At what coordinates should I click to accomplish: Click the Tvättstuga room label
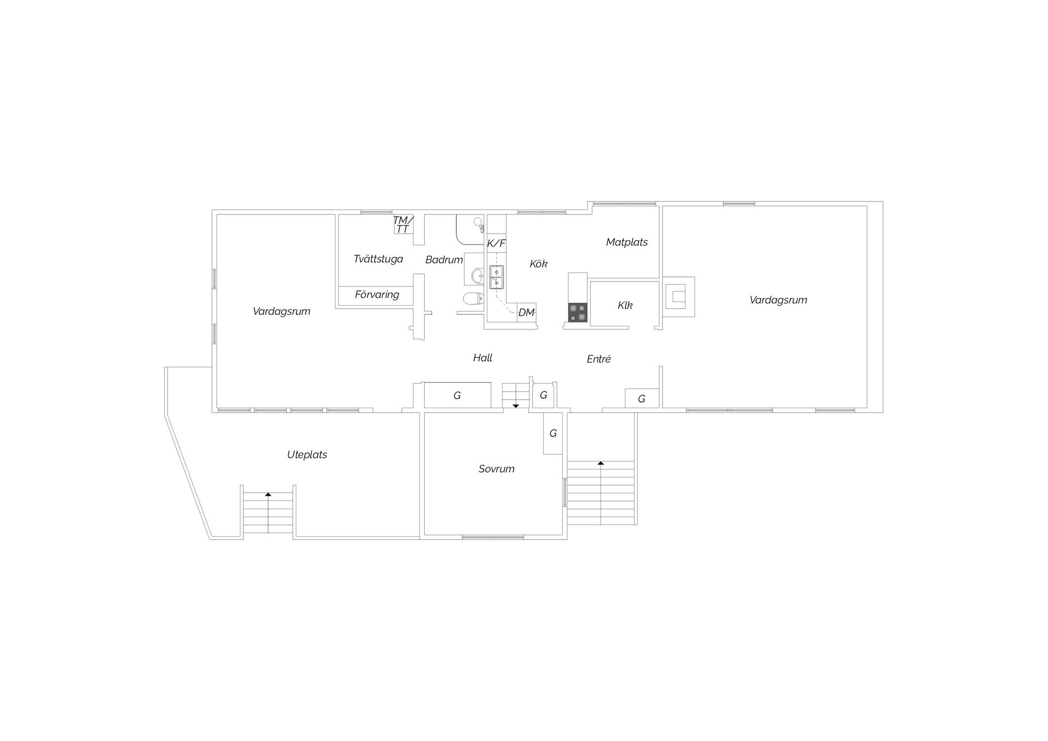378,259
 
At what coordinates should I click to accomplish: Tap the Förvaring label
377,295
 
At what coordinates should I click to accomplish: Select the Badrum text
444,260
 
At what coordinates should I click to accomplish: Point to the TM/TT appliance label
403,224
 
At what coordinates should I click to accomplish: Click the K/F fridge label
496,243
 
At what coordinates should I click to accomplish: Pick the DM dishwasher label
526,313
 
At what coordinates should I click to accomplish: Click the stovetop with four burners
578,313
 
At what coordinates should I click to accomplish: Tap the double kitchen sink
497,277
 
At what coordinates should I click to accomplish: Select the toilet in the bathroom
473,298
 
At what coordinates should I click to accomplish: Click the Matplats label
627,242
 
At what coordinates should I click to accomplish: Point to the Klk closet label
625,306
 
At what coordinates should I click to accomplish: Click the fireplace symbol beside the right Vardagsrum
679,297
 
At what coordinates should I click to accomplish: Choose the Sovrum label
496,469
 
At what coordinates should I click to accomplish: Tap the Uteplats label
307,455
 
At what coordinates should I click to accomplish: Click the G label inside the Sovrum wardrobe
553,433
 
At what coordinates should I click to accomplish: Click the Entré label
598,359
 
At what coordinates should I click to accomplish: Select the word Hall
483,358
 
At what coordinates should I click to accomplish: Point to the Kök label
538,264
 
